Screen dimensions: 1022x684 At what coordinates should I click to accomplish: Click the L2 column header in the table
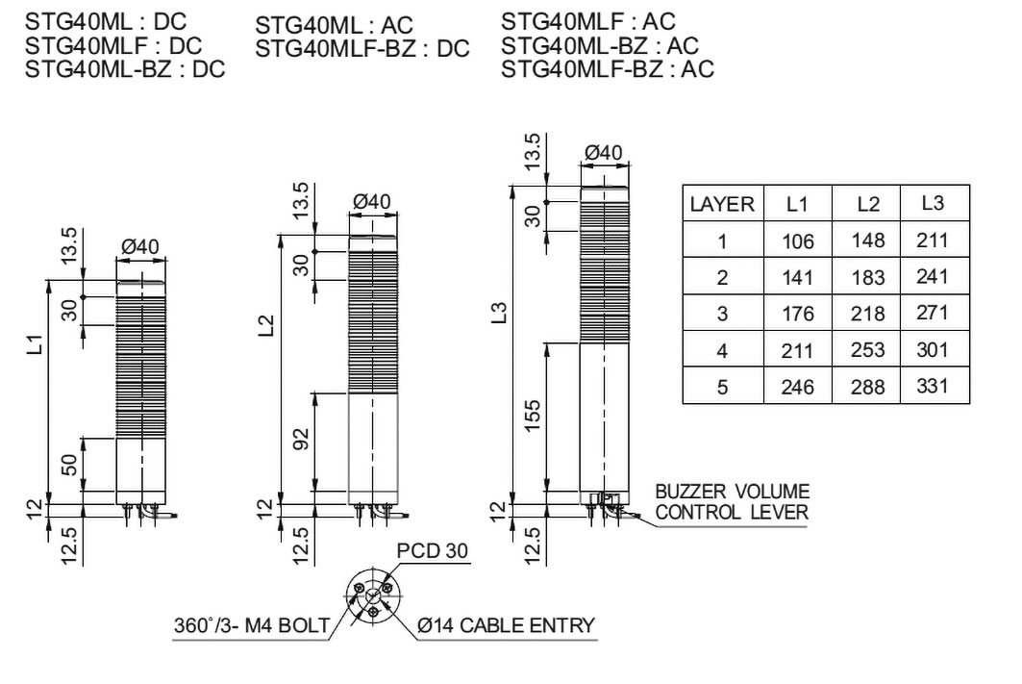point(867,204)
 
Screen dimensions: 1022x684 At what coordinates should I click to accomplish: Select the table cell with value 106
point(798,241)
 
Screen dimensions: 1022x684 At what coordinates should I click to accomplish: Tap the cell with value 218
point(867,314)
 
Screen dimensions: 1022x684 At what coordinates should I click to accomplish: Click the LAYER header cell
point(722,204)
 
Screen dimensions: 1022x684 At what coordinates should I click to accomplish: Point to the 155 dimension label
point(533,416)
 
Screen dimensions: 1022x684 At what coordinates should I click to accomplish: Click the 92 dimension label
point(301,439)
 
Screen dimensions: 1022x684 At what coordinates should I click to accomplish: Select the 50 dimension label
point(69,465)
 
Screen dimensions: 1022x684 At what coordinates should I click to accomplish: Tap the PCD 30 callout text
point(432,551)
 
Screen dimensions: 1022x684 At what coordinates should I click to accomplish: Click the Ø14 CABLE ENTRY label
point(507,626)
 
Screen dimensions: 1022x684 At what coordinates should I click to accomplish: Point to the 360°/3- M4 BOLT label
point(252,626)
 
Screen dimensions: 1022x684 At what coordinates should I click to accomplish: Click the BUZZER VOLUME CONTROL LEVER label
point(732,501)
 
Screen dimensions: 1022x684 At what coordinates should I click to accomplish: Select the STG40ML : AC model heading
point(334,25)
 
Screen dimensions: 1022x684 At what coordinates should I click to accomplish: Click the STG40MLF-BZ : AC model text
point(608,68)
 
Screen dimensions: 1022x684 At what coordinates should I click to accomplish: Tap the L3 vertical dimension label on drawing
point(499,313)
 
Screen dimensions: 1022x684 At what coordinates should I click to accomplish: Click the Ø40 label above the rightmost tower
point(604,153)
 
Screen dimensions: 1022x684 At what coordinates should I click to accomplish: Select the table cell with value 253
point(867,350)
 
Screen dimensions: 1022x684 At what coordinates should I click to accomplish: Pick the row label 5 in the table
point(722,388)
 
